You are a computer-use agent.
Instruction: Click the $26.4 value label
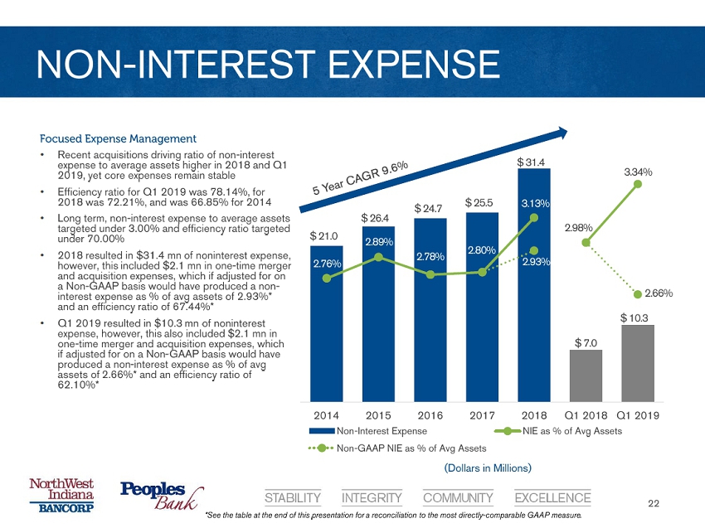tap(377, 217)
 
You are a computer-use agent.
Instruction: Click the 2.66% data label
tap(655, 293)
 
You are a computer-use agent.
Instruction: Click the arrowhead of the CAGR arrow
tap(562, 133)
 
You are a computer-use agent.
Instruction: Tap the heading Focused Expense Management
tap(118, 138)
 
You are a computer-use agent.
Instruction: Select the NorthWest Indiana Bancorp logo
tap(62, 496)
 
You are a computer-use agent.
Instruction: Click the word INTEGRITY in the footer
tap(372, 498)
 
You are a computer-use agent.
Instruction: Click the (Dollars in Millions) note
tap(486, 468)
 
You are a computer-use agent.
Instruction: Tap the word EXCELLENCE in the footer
tap(552, 498)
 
